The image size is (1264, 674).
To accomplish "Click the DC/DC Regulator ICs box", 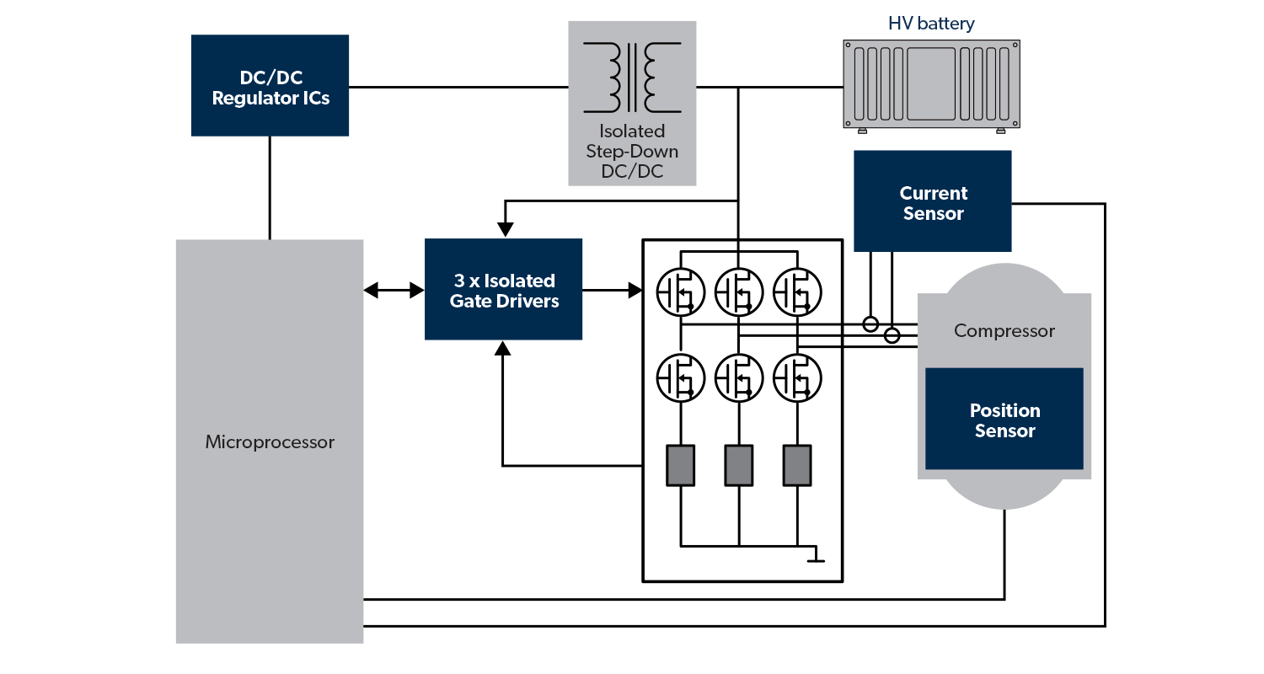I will (x=270, y=85).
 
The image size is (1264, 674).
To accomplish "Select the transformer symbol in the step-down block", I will (x=632, y=78).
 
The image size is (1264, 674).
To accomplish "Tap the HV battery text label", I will (x=931, y=24).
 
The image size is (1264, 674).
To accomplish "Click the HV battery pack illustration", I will (x=931, y=84).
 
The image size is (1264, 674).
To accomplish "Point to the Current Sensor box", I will (x=933, y=202).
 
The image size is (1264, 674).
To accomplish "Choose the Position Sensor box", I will (x=1004, y=420).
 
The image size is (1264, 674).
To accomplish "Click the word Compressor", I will (x=1004, y=331).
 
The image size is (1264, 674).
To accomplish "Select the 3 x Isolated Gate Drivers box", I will (x=504, y=290).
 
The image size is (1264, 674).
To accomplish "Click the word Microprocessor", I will (x=270, y=442).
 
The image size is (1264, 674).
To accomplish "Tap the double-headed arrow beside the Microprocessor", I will (x=394, y=291).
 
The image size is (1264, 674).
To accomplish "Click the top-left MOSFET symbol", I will (x=681, y=292).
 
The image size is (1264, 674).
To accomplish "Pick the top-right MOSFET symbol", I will (x=797, y=292).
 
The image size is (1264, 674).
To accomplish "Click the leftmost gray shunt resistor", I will (x=681, y=466).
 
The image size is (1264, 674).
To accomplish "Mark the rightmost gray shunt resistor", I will (x=797, y=466).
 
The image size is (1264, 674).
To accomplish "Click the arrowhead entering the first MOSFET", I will (x=635, y=291).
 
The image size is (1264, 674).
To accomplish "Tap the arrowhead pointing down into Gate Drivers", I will (x=504, y=228).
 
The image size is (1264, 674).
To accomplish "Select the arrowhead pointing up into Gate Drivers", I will (x=503, y=349).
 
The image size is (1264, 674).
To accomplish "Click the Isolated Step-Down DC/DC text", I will (x=632, y=152).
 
